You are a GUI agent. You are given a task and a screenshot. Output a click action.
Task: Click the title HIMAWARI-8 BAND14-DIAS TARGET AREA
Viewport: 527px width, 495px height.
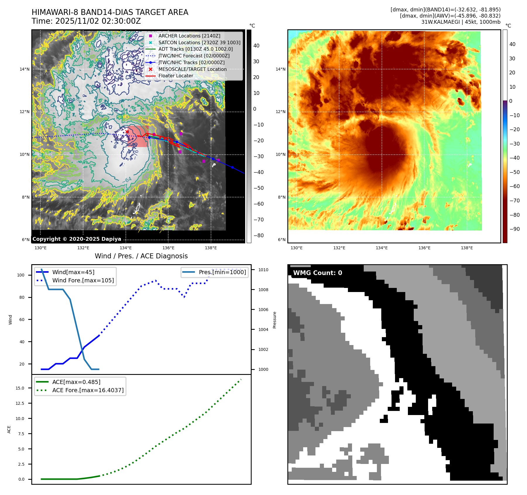point(110,12)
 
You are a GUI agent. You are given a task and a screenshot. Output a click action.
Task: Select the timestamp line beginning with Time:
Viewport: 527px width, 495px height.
point(86,21)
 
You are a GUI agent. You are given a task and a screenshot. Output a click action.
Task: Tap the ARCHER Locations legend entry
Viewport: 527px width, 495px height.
point(189,36)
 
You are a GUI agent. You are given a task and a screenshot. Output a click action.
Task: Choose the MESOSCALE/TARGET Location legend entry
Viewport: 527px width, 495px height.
point(192,69)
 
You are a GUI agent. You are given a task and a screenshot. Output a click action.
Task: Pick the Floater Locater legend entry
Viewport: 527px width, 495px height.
point(176,76)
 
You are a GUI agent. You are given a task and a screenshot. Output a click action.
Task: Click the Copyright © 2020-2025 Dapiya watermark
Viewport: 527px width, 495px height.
point(77,239)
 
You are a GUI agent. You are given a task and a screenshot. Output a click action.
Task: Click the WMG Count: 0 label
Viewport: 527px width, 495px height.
point(317,273)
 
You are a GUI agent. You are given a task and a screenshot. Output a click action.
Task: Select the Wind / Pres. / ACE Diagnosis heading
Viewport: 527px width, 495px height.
point(141,256)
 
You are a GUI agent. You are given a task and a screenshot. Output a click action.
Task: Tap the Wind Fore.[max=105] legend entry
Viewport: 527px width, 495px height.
point(83,280)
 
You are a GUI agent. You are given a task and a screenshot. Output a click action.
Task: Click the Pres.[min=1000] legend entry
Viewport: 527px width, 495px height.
point(222,272)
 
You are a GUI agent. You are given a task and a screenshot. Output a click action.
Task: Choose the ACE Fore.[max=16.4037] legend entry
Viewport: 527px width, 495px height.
point(88,390)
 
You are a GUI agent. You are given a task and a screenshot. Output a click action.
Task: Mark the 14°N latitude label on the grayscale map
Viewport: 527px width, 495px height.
point(25,69)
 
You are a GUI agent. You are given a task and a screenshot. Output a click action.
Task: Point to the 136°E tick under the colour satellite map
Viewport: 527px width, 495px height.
point(424,248)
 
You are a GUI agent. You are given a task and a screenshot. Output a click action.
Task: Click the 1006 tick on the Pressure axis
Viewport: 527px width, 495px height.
point(263,310)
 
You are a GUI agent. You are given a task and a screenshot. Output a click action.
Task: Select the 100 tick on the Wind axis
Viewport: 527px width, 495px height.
point(21,275)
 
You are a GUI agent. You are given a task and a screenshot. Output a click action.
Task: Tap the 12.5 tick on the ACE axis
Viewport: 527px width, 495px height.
point(20,403)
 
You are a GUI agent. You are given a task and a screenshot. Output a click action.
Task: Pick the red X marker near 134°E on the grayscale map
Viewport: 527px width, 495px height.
point(127,132)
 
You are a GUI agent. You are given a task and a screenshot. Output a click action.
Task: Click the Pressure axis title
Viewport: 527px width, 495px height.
point(274,320)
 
